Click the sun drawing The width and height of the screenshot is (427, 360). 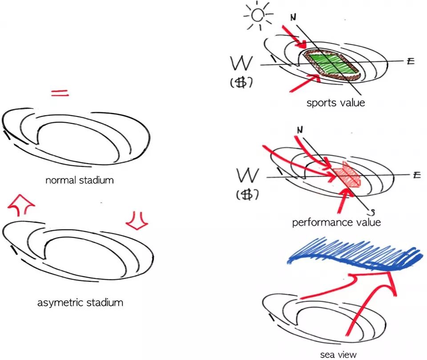(x=257, y=15)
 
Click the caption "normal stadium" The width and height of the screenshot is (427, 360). (x=80, y=180)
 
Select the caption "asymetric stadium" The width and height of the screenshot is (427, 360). (x=80, y=303)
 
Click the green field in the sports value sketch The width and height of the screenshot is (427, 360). (x=331, y=63)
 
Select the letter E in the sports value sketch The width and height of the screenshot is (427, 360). (x=410, y=61)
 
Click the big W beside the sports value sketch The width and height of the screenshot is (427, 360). (x=243, y=64)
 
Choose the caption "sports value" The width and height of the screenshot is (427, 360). (x=336, y=103)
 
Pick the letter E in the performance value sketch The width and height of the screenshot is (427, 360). (x=416, y=175)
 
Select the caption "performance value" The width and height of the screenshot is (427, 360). (x=336, y=222)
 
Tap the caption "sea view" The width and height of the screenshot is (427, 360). (x=338, y=354)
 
